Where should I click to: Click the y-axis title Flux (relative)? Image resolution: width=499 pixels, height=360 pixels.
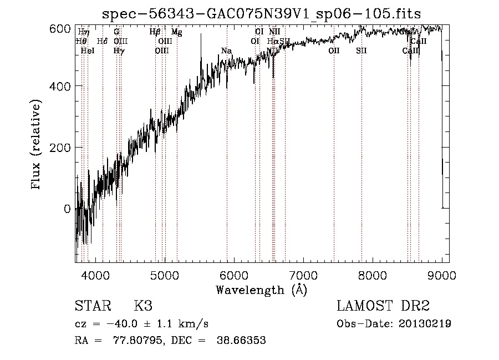(37, 145)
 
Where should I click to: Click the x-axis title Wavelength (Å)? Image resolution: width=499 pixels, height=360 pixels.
(261, 290)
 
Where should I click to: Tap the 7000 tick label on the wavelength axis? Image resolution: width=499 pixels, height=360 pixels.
(303, 275)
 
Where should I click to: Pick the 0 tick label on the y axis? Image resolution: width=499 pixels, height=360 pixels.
(67, 209)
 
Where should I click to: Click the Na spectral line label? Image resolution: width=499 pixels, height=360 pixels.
(226, 51)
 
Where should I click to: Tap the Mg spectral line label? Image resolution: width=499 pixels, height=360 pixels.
(176, 32)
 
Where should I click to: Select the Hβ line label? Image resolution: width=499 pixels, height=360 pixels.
(155, 32)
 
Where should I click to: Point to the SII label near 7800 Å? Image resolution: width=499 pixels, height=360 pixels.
(361, 50)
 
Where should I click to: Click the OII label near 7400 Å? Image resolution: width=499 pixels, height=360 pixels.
(334, 50)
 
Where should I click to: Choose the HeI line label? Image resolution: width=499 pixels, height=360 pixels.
(88, 50)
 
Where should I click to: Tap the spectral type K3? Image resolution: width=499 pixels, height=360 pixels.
(143, 306)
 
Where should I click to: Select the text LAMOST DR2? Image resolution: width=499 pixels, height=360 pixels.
(383, 306)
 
